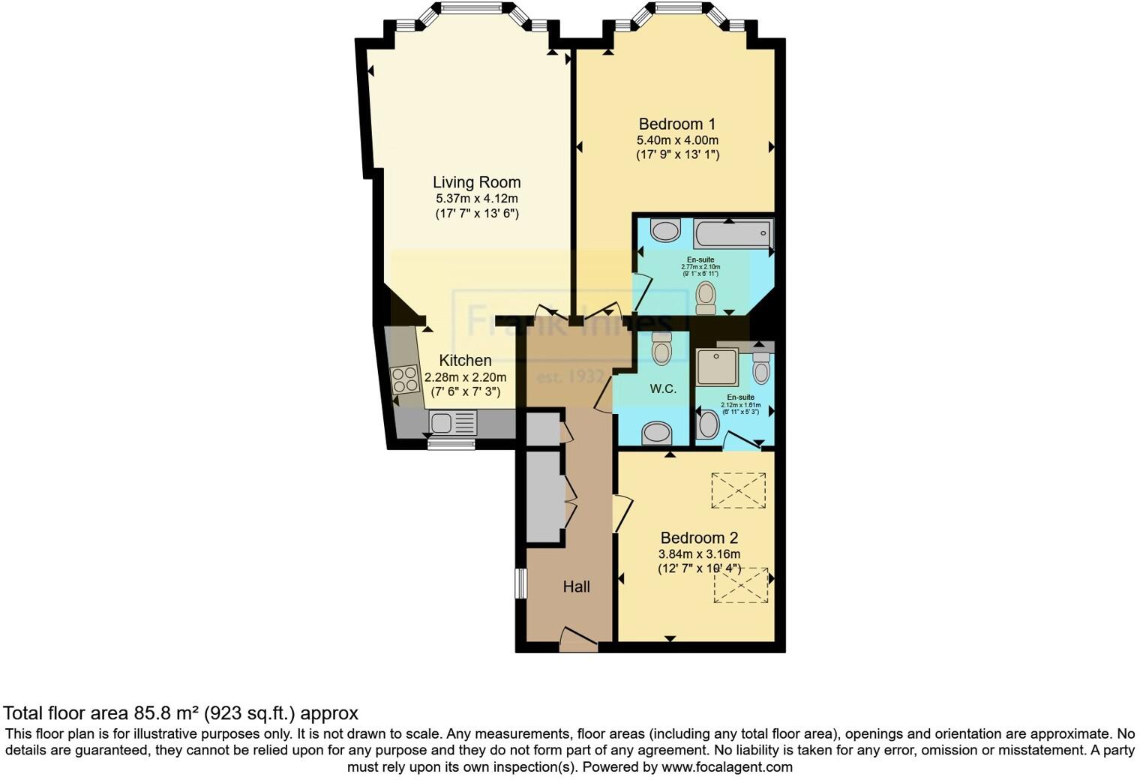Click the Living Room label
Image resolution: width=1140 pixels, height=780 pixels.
coord(476,182)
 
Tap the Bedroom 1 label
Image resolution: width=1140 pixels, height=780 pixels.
coord(676,124)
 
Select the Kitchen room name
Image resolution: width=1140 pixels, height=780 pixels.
coord(465,361)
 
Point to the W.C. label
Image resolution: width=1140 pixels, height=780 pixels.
coord(663,388)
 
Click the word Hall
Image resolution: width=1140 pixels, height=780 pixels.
coord(576,586)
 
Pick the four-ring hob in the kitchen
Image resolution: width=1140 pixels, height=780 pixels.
coord(406,379)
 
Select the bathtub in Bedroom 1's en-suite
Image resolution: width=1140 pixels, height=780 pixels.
coord(733,234)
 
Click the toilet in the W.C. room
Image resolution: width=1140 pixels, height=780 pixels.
coord(661,349)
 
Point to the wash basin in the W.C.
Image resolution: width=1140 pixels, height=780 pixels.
coord(658,432)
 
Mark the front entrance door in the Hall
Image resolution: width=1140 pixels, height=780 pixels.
coord(578,638)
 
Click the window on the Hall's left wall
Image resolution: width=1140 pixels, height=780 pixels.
coord(520,583)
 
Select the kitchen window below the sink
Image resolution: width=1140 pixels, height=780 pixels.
coord(451,444)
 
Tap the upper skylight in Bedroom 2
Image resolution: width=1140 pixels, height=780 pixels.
coord(739,490)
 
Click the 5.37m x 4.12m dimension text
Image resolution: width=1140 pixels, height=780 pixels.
coord(476,199)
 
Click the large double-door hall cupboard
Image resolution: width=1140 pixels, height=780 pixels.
coord(544,496)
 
